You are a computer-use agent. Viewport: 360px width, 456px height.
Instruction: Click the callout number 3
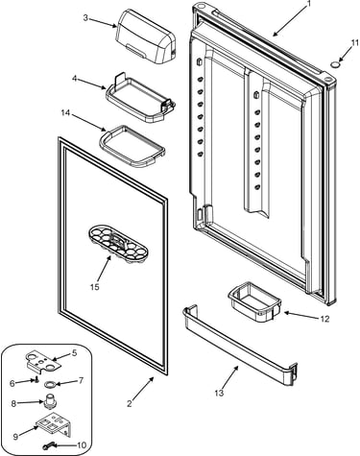coord(85,17)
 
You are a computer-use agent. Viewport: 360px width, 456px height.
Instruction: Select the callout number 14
coord(65,112)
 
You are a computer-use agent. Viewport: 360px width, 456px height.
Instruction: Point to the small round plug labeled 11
coord(335,64)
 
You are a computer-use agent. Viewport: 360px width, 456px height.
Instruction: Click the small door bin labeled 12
coord(254,301)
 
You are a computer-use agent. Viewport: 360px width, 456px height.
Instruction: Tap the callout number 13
coord(219,393)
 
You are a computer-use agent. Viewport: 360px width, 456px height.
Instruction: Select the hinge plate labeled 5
coord(43,363)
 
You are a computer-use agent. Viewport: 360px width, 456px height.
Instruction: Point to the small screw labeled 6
coord(36,380)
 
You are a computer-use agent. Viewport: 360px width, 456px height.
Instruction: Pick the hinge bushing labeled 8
coord(49,400)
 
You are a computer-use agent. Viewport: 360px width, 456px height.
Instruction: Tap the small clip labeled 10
coord(47,445)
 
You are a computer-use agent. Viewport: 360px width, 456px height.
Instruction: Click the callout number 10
coord(82,445)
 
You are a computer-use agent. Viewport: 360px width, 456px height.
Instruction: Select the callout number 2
coord(130,403)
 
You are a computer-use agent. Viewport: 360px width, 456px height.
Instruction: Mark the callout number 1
coord(309,4)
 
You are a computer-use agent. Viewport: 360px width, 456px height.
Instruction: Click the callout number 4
coord(75,79)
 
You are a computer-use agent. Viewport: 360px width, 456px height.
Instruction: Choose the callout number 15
coord(95,287)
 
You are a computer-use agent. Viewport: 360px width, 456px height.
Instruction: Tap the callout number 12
coord(324,319)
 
